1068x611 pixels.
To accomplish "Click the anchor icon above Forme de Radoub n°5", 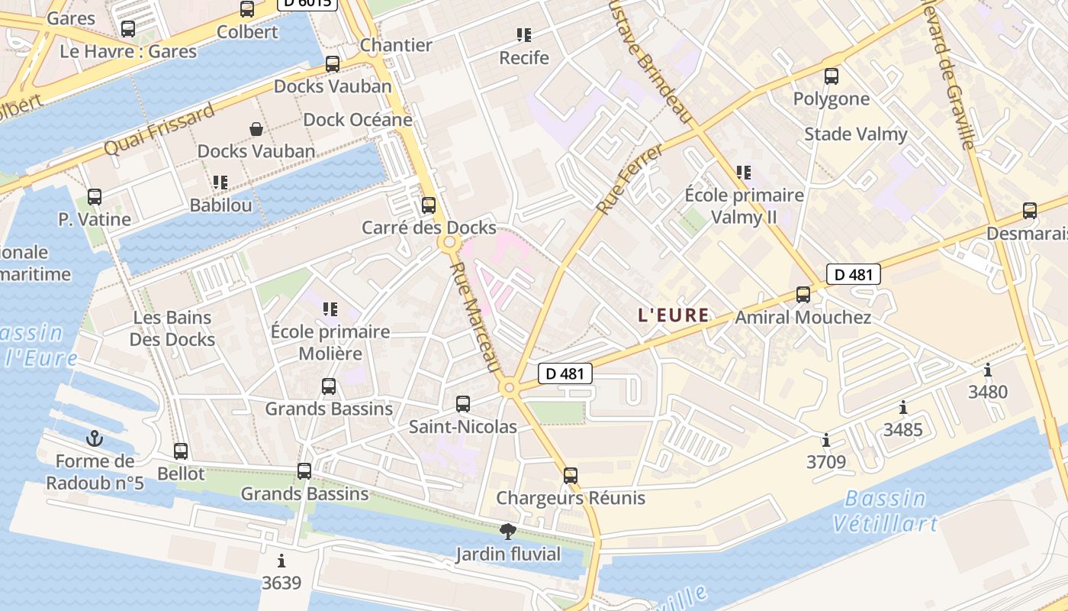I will [95, 438].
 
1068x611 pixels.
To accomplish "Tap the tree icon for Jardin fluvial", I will [507, 532].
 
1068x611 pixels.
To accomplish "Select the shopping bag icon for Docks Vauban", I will [256, 129].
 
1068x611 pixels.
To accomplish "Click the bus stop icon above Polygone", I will [832, 76].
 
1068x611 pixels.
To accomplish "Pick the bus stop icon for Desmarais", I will [1030, 211].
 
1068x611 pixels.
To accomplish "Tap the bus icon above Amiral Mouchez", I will [803, 294].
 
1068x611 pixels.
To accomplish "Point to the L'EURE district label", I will [674, 315].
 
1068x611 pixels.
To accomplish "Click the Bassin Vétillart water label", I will [885, 511].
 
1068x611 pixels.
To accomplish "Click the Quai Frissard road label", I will [159, 131].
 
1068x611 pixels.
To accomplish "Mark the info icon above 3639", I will [281, 561].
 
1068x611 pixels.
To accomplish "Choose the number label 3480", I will [988, 392].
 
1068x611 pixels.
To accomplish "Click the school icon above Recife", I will [523, 34].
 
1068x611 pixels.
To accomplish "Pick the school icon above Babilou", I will [220, 182].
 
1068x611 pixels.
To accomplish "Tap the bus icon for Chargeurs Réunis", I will [571, 475].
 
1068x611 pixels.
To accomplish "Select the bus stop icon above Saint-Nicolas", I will [463, 403].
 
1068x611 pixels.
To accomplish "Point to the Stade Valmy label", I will [855, 134].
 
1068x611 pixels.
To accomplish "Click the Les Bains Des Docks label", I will [172, 328].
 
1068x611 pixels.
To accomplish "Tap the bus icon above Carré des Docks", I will [429, 205].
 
